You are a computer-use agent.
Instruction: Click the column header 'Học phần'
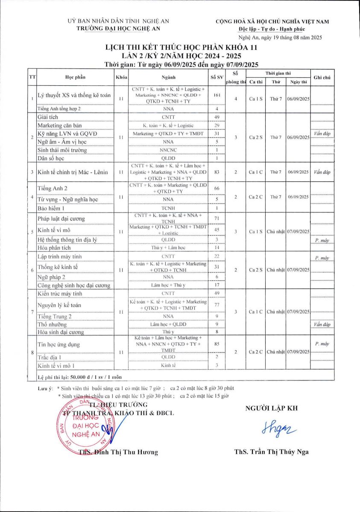pos(75,77)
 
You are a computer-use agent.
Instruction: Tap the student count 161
pos(217,95)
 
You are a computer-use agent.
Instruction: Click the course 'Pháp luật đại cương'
pos(61,219)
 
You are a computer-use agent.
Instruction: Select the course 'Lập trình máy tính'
pos(59,256)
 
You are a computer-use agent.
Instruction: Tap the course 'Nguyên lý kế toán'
pos(59,305)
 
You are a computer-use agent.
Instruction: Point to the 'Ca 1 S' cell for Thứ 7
pos(256,99)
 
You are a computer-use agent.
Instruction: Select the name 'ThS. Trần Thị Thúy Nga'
pos(271,452)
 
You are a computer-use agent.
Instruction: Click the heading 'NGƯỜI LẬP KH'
pos(271,408)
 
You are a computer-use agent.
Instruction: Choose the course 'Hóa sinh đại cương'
pos(61,332)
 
